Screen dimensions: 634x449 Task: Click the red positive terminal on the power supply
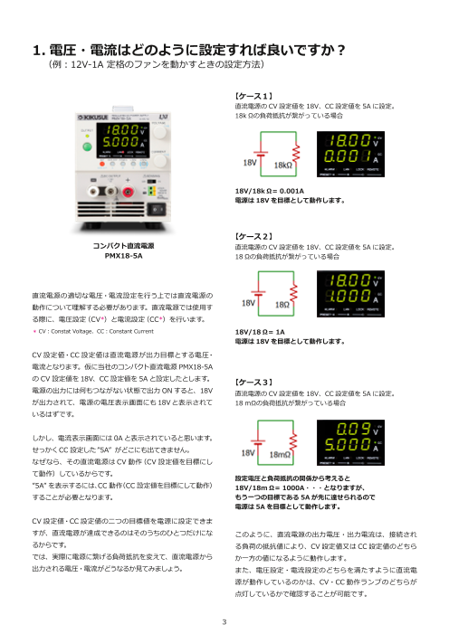point(139,192)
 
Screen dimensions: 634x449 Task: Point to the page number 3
point(224,622)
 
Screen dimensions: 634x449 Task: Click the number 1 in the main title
point(37,47)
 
